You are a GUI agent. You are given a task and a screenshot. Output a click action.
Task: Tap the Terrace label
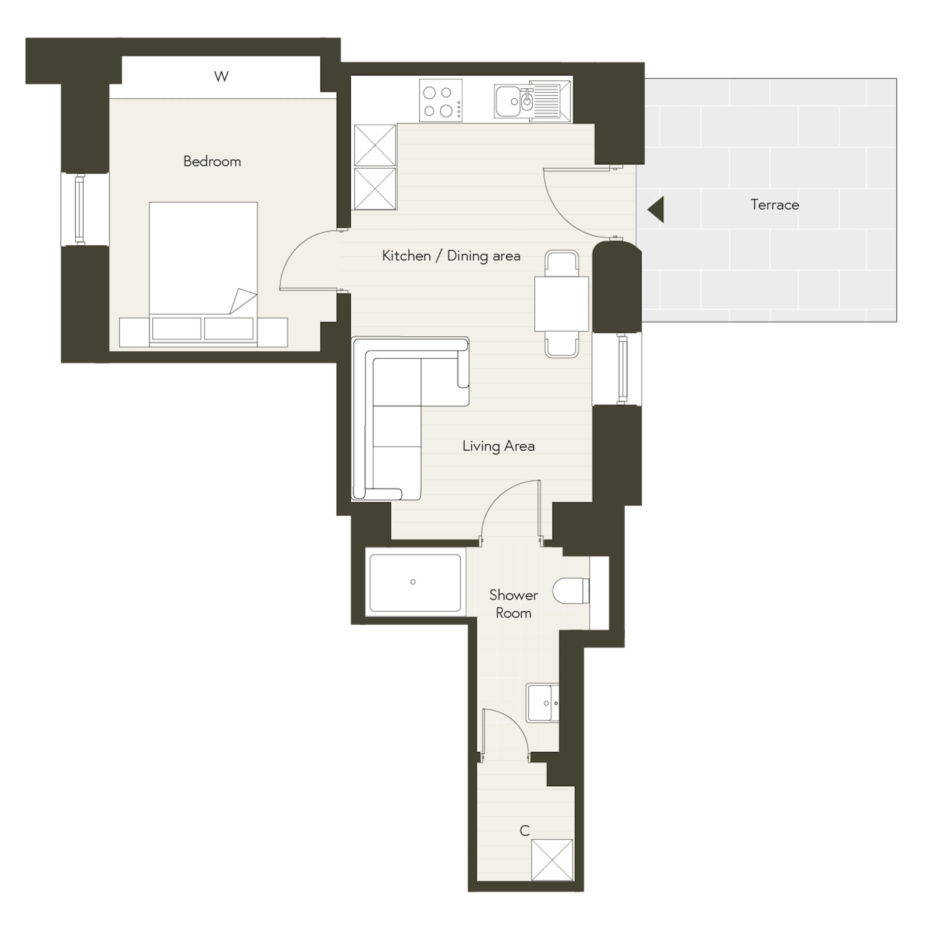[x=775, y=205]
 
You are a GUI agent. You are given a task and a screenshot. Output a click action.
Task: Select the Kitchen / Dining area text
[x=451, y=255]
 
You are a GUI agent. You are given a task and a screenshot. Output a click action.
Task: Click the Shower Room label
[x=514, y=604]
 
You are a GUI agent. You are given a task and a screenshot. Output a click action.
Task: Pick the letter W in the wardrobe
[x=221, y=76]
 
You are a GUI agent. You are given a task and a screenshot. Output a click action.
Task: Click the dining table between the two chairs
[x=561, y=304]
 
